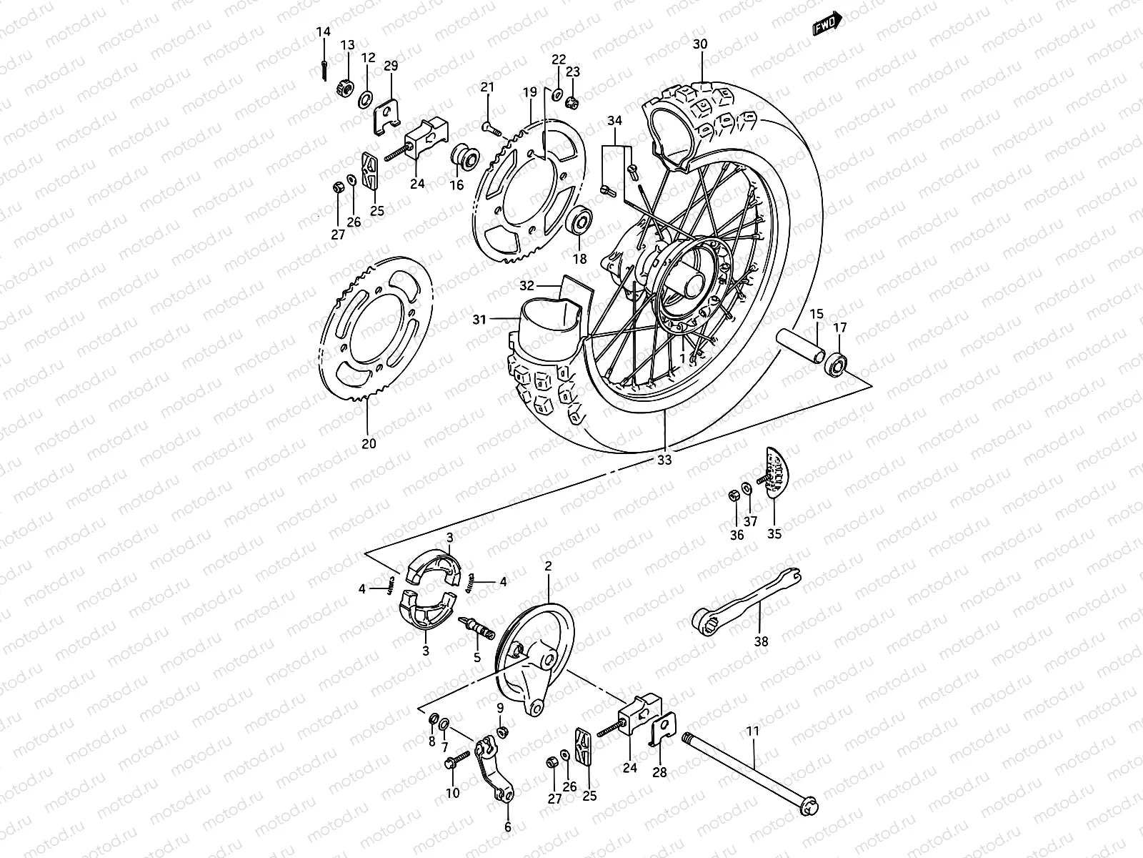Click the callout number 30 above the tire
pyautogui.click(x=700, y=44)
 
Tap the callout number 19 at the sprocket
pyautogui.click(x=529, y=92)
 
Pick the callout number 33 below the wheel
pyautogui.click(x=664, y=461)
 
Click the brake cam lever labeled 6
pyautogui.click(x=494, y=769)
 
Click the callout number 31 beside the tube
pyautogui.click(x=479, y=320)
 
